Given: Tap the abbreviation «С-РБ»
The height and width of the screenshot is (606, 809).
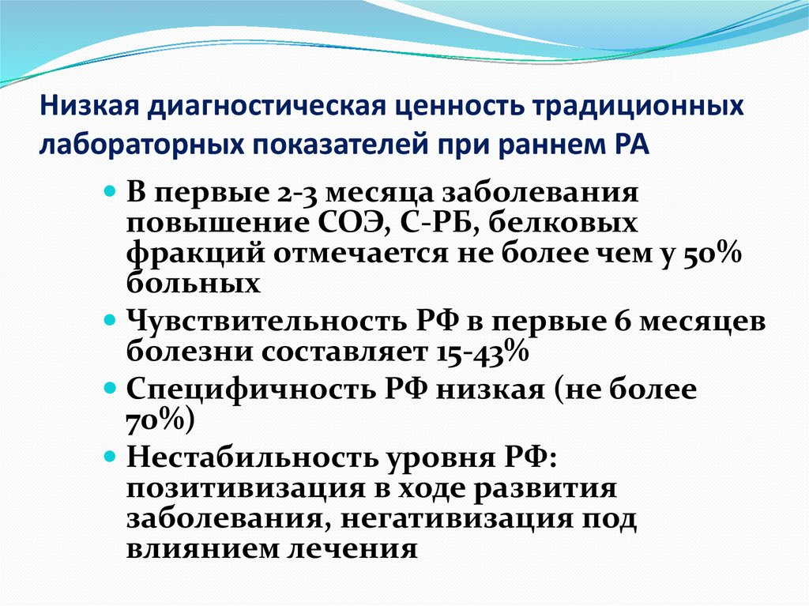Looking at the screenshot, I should coord(435,224).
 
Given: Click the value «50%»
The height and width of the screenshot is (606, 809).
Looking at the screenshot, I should coord(709,254).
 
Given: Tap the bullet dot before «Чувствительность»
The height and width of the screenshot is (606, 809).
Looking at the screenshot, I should coord(110,324).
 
